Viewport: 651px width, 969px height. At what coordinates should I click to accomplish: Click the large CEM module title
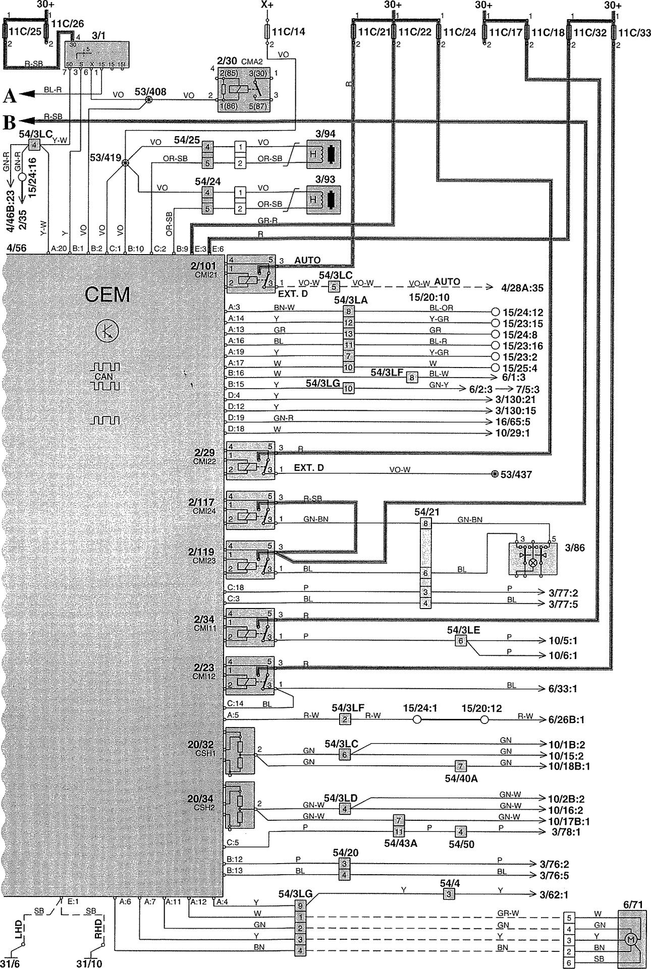click(x=107, y=294)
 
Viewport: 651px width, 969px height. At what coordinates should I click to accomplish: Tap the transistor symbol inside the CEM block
click(x=105, y=331)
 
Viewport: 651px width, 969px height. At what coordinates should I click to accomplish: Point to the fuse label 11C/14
click(x=289, y=32)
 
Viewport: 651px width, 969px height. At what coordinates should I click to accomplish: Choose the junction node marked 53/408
click(x=148, y=100)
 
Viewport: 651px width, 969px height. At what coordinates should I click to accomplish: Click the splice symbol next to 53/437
click(x=495, y=474)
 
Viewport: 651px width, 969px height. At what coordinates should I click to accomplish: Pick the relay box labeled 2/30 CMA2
click(x=244, y=89)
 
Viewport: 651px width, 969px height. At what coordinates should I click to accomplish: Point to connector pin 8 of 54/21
click(x=426, y=524)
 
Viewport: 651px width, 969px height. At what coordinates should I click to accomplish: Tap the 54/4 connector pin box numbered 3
click(x=448, y=894)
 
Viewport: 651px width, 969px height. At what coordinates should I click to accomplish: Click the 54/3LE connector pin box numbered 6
click(x=460, y=641)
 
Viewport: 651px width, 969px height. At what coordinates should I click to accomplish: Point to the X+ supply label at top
click(x=268, y=5)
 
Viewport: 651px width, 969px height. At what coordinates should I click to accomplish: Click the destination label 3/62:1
click(x=554, y=894)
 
